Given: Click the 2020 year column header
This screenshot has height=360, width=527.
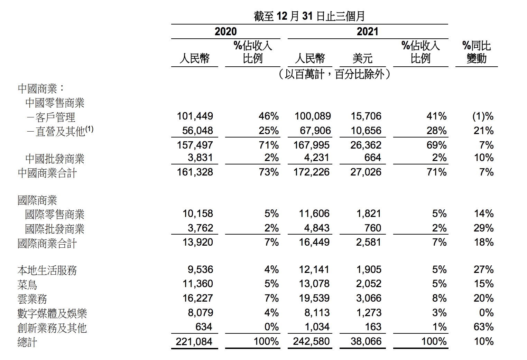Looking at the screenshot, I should click(225, 31).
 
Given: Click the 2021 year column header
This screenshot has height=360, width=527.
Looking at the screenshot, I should click(368, 31).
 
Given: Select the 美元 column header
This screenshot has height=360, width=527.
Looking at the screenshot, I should click(362, 58).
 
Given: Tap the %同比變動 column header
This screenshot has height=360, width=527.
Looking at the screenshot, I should click(477, 52).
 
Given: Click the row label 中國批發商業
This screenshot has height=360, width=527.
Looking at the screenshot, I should click(55, 159).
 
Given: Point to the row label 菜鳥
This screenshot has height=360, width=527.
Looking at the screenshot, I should click(27, 285).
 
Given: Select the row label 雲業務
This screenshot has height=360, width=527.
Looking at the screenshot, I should click(32, 299).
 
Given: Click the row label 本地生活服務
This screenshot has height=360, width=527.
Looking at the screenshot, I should click(47, 270).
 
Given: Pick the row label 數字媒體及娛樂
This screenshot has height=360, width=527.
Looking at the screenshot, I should click(52, 313).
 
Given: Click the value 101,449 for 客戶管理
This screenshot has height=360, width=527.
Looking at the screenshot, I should click(195, 116).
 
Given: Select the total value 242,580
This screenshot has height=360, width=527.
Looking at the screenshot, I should click(311, 341).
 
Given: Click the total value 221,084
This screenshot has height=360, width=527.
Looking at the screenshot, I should click(194, 342).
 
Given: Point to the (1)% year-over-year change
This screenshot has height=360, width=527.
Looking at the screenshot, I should click(483, 116).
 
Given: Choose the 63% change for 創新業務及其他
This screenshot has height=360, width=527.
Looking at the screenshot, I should click(483, 327).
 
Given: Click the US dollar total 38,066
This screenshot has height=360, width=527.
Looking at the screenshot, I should click(366, 341).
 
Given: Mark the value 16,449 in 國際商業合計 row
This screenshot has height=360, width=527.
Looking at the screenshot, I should click(314, 242).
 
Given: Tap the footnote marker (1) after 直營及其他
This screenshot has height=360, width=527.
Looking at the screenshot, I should click(90, 129).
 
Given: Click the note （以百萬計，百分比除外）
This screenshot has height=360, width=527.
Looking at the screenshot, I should click(334, 74).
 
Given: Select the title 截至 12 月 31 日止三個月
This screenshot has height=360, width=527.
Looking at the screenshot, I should click(309, 16).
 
